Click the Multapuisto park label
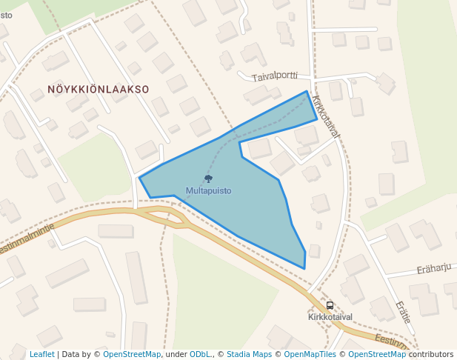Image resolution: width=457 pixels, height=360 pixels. coord(208,190)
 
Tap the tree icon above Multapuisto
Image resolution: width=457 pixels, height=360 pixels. coord(208,179)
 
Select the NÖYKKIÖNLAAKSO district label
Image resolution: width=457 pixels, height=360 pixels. coord(99,89)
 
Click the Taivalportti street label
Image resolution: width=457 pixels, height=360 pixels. coord(274,76)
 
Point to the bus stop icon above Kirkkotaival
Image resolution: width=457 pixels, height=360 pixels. coord(330,305)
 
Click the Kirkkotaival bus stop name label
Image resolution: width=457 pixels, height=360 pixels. coord(330,317)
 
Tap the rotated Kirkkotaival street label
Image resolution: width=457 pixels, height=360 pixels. coord(326,116)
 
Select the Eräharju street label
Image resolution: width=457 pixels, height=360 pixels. coord(434,267)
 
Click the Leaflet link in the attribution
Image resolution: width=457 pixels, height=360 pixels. coord(42,354)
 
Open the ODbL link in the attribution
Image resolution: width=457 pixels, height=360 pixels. coord(201,354)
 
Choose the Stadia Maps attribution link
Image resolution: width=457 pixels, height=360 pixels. coord(249,354)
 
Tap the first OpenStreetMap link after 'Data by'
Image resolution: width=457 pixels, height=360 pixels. coord(132,354)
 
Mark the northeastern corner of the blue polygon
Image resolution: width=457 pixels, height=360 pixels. coord(307,91)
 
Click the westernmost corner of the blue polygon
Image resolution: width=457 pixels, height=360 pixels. coord(139,178)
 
